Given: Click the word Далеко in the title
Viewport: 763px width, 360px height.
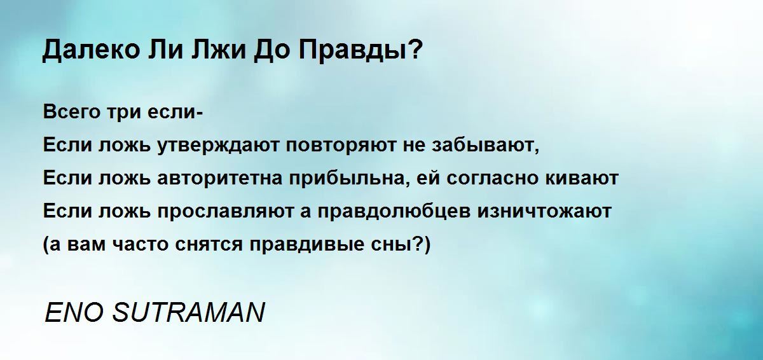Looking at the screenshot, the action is (91, 50).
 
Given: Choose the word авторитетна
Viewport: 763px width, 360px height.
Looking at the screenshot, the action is (220, 179).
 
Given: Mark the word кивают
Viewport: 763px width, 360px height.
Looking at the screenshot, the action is (582, 178).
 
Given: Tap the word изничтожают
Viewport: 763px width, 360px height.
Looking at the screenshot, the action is (544, 211).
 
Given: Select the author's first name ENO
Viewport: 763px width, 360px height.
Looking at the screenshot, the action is (74, 313).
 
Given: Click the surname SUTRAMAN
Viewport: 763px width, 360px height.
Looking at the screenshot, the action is (188, 313).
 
